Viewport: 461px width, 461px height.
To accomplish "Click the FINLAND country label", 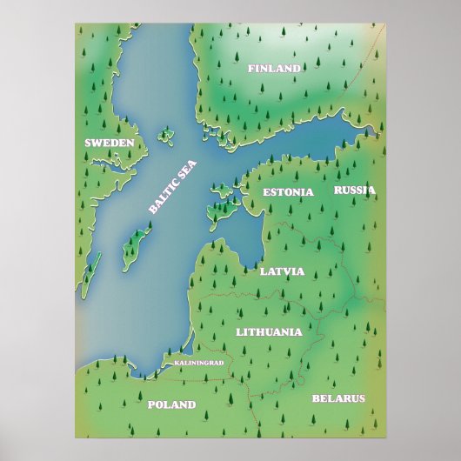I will [274, 68].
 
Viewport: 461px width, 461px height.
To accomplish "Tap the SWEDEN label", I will [109, 142].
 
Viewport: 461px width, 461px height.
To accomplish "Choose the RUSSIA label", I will [354, 190].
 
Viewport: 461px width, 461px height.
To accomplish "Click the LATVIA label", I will [282, 271].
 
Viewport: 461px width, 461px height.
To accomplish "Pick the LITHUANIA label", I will [269, 331].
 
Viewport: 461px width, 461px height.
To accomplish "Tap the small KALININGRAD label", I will [199, 362].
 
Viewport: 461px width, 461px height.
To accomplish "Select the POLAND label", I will [171, 404].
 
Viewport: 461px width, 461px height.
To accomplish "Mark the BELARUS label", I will [338, 398].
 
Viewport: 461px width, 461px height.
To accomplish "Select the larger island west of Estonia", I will [217, 211].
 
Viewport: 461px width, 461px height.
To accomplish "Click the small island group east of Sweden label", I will [164, 135].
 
